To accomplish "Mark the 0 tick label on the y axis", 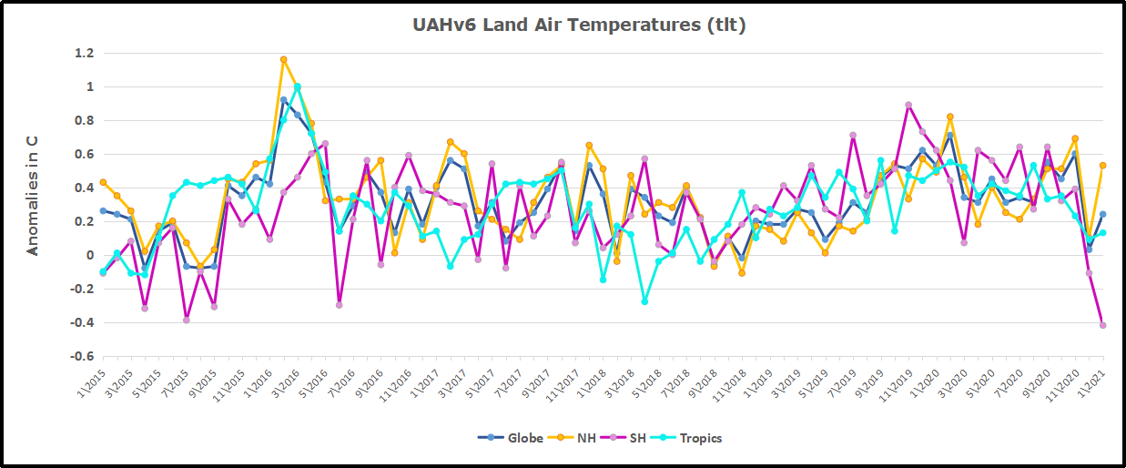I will point(89,256).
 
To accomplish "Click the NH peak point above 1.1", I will point(283,60).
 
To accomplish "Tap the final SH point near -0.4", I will point(1102,325).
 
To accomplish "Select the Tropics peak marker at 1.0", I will point(297,87).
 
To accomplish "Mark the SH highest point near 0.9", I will point(908,105).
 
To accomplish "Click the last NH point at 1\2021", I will point(1102,166).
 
